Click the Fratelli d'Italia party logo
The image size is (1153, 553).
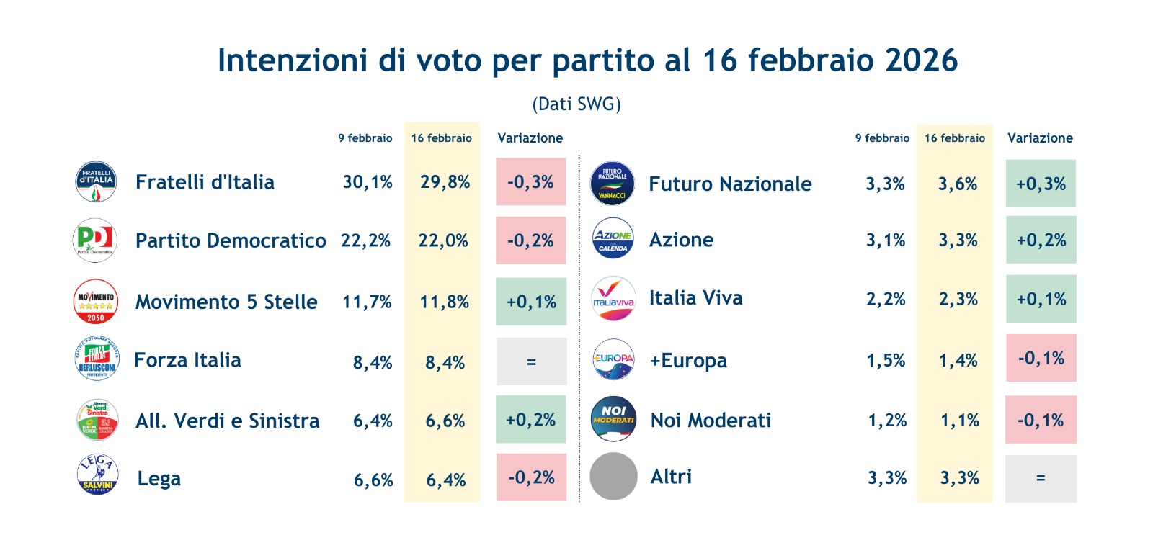pos(96,181)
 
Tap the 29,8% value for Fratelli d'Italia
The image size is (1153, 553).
pos(445,182)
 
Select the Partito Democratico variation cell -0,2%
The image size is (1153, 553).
pos(530,240)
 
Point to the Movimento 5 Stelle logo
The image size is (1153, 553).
pos(96,301)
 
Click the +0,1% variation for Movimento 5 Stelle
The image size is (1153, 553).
pos(531,302)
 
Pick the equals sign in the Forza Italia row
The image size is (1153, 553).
pos(531,362)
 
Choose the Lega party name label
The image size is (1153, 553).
pos(159,479)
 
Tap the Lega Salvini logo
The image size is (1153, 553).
pos(97,475)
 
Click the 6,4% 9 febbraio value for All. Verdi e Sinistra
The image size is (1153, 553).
pos(373,421)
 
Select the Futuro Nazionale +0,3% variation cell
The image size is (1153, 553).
pos(1041,184)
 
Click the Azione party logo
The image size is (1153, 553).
pos(613,239)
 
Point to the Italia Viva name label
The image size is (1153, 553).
pos(695,298)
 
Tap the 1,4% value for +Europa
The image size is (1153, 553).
pos(958,361)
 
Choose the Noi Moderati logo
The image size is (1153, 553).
pos(613,419)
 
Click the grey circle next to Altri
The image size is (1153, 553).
pos(613,476)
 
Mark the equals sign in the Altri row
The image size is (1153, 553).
pos(1041,478)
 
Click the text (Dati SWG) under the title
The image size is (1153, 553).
pos(576,104)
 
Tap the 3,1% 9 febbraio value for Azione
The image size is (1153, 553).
pos(885,240)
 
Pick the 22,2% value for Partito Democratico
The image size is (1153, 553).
pos(365,240)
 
